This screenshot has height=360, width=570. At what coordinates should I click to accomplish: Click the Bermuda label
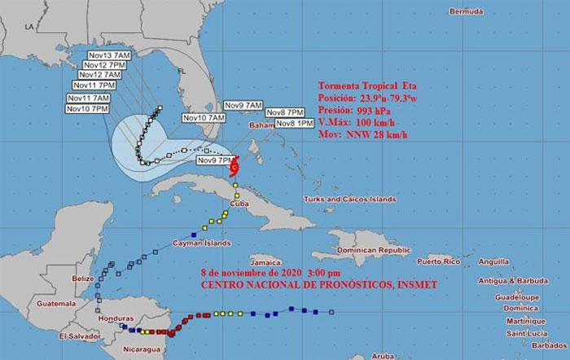point(467,12)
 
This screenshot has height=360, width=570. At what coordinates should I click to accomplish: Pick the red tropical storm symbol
point(234,168)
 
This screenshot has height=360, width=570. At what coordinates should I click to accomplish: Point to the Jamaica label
point(261,263)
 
